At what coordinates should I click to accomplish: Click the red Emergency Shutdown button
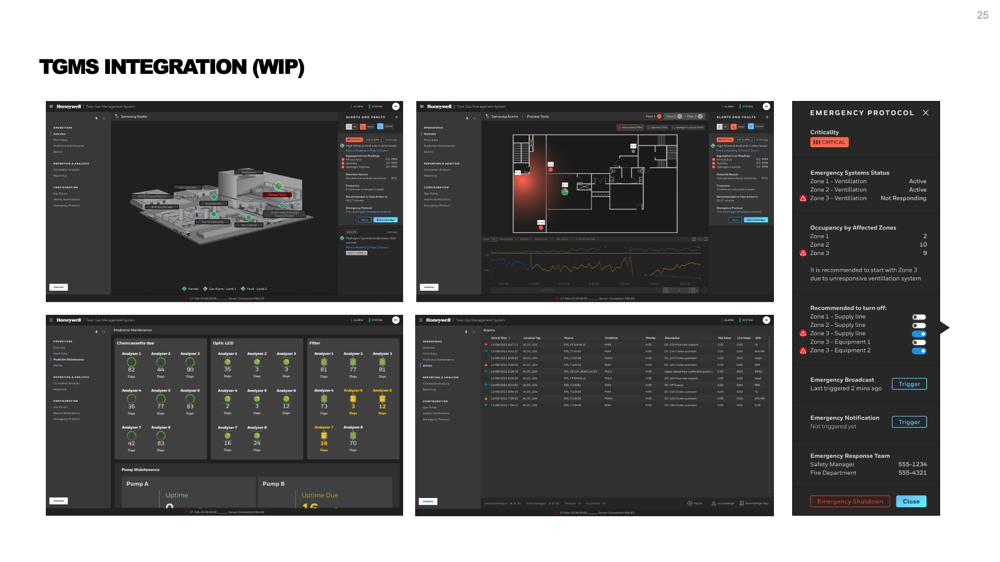point(850,502)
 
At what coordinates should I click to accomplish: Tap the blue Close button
point(911,502)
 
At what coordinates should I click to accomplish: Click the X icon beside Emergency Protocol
point(926,113)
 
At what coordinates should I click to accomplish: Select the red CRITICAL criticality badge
point(829,143)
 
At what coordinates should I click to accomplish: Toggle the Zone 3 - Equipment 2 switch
point(919,351)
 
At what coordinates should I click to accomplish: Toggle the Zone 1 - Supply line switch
point(919,317)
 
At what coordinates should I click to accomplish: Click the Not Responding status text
point(903,198)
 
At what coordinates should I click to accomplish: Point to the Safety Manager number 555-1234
point(912,464)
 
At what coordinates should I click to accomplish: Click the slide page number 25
point(982,16)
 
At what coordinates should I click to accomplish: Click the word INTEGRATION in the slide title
point(176,68)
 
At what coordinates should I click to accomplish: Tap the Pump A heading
point(137,484)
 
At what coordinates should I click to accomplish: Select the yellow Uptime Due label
point(320,495)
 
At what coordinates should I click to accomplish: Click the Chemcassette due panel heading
point(135,343)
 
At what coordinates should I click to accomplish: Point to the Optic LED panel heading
point(223,343)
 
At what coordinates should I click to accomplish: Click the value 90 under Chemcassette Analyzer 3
point(190,369)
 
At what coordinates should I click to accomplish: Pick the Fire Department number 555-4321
point(912,473)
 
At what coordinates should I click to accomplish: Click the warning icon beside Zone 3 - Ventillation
point(803,198)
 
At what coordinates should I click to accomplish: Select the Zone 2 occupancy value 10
point(923,245)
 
